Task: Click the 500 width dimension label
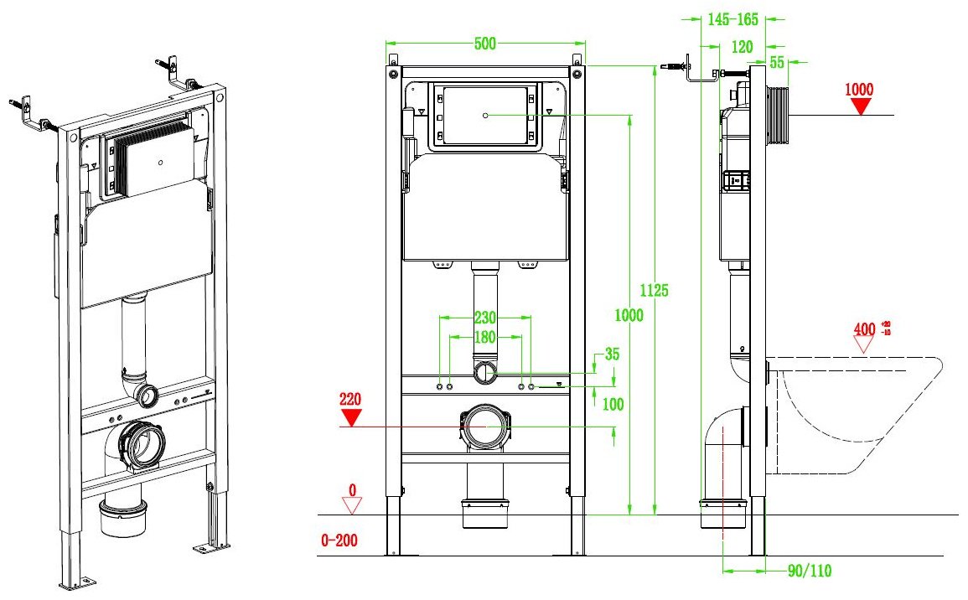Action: (485, 44)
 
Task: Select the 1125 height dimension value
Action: (654, 290)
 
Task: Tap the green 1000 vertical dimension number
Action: (629, 315)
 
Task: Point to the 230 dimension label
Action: (485, 318)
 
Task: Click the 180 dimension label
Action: (485, 337)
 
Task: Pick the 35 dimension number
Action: (612, 354)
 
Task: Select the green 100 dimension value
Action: (613, 404)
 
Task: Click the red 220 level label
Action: (350, 400)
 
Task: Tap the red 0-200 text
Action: (339, 541)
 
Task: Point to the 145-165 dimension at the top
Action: (732, 20)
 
